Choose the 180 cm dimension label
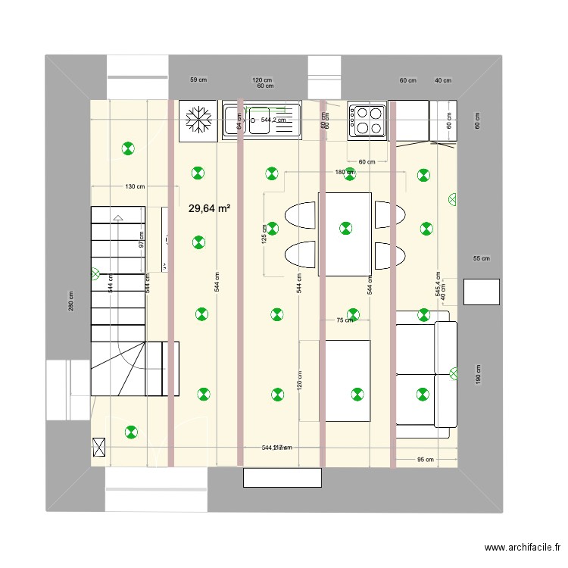pos(345,173)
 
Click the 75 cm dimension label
pos(345,320)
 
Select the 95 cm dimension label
pos(425,460)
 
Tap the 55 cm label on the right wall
pos(481,258)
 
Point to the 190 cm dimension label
pos(478,373)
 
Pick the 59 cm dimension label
pos(198,80)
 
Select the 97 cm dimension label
pos(142,239)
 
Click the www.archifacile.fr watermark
pos(523,548)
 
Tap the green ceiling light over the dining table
pos(345,227)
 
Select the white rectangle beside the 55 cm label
pos(481,291)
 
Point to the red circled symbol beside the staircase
pos(95,273)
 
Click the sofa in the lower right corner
pos(426,374)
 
